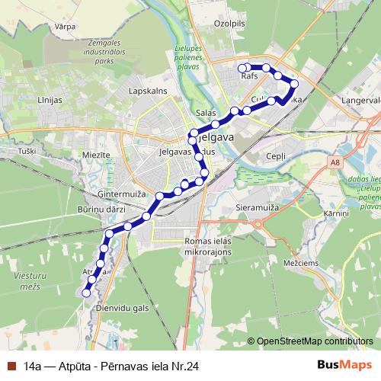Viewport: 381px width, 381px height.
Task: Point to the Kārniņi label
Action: (335, 214)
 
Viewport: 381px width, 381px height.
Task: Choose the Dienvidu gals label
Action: (122, 306)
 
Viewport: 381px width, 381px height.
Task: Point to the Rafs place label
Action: (249, 76)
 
